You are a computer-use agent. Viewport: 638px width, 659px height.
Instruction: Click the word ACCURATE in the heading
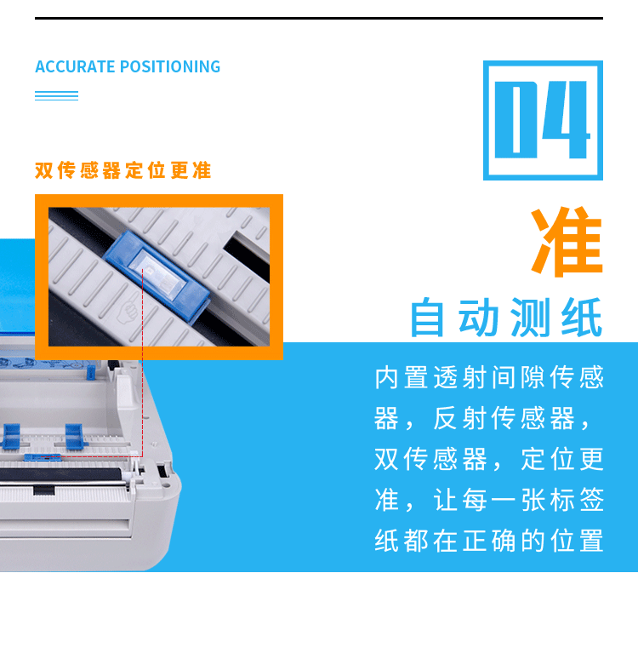pyautogui.click(x=75, y=66)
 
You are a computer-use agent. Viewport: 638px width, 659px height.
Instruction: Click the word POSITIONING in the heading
pyautogui.click(x=170, y=66)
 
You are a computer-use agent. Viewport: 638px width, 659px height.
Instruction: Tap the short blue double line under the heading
pyautogui.click(x=56, y=95)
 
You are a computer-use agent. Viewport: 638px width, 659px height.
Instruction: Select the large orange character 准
pyautogui.click(x=567, y=242)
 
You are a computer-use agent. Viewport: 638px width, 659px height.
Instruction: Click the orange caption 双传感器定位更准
pyautogui.click(x=123, y=170)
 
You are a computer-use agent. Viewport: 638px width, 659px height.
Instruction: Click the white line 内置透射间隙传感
pyautogui.click(x=489, y=378)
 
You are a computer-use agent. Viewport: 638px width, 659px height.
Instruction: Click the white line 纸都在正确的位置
pyautogui.click(x=489, y=541)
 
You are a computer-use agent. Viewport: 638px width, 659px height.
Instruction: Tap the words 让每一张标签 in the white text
pyautogui.click(x=520, y=500)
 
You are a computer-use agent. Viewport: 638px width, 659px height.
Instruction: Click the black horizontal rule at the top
pyautogui.click(x=319, y=18)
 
